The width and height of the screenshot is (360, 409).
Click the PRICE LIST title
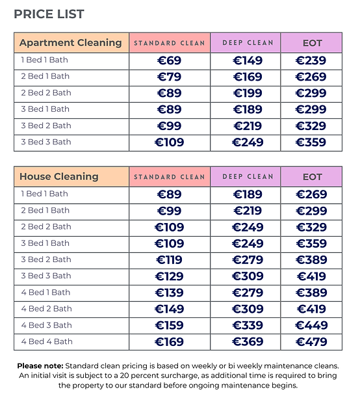[49, 14]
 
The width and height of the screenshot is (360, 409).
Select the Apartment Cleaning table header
[71, 43]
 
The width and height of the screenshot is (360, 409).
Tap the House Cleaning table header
[59, 176]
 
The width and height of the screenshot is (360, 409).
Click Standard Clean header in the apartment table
[170, 43]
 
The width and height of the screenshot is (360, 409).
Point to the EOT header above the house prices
[312, 177]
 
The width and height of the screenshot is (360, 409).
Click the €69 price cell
[170, 61]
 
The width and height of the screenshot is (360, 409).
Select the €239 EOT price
[311, 61]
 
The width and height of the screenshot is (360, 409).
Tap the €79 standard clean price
[170, 77]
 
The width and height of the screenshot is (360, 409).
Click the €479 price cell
[311, 342]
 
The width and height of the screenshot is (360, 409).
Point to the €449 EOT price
[311, 326]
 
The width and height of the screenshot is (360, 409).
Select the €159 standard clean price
[170, 326]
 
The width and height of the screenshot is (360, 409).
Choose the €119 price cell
[170, 260]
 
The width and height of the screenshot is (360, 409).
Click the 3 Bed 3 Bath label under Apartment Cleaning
[46, 142]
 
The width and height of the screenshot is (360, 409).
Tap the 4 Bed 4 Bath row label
[46, 341]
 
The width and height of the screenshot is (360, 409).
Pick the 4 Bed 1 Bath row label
[46, 292]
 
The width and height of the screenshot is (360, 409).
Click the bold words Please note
[40, 366]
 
